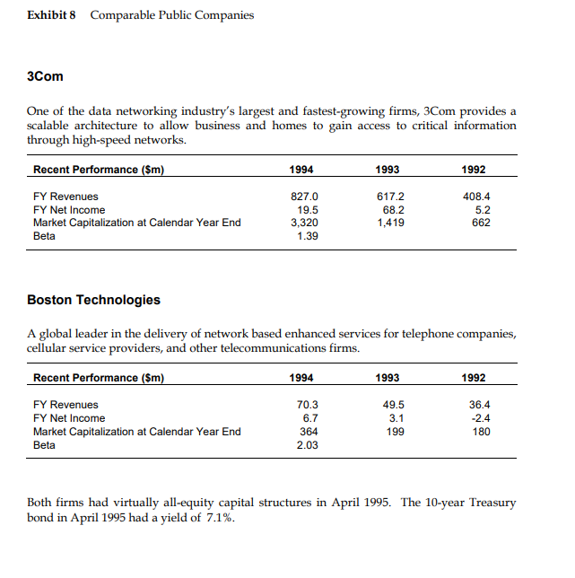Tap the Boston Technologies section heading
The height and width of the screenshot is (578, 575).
point(94,300)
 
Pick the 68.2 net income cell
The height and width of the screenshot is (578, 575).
point(393,209)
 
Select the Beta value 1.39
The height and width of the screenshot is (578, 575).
point(306,236)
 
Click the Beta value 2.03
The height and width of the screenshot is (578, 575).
point(306,444)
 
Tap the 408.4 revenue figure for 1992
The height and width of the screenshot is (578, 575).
point(480,196)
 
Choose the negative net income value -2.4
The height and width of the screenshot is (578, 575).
point(481,418)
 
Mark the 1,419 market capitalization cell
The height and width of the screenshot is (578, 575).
point(393,223)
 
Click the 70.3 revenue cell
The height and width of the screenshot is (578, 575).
point(307,405)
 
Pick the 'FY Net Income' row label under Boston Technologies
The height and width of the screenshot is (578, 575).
point(69,418)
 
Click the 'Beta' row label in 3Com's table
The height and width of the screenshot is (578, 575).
point(44,236)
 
